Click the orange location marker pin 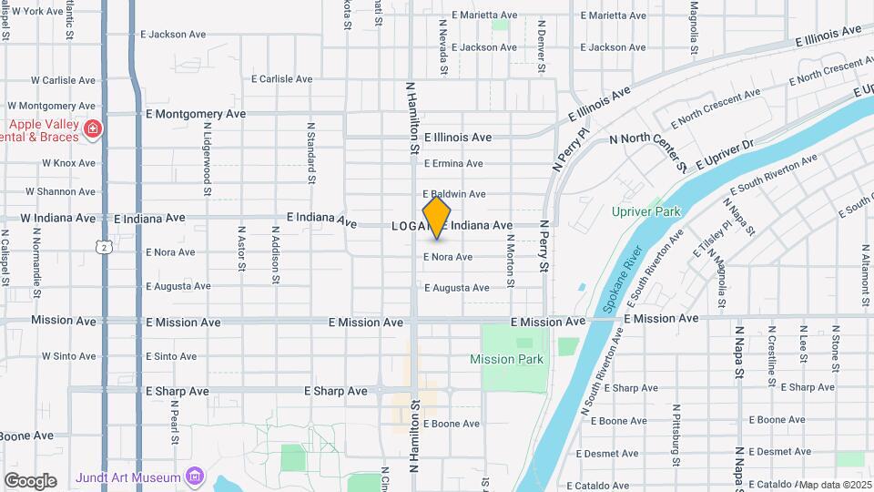(437, 218)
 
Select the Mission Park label (506, 359)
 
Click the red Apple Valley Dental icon (92, 131)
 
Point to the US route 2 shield (105, 247)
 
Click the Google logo (30, 480)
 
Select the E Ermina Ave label (453, 164)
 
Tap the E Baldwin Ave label (453, 194)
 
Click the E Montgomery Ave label (196, 115)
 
